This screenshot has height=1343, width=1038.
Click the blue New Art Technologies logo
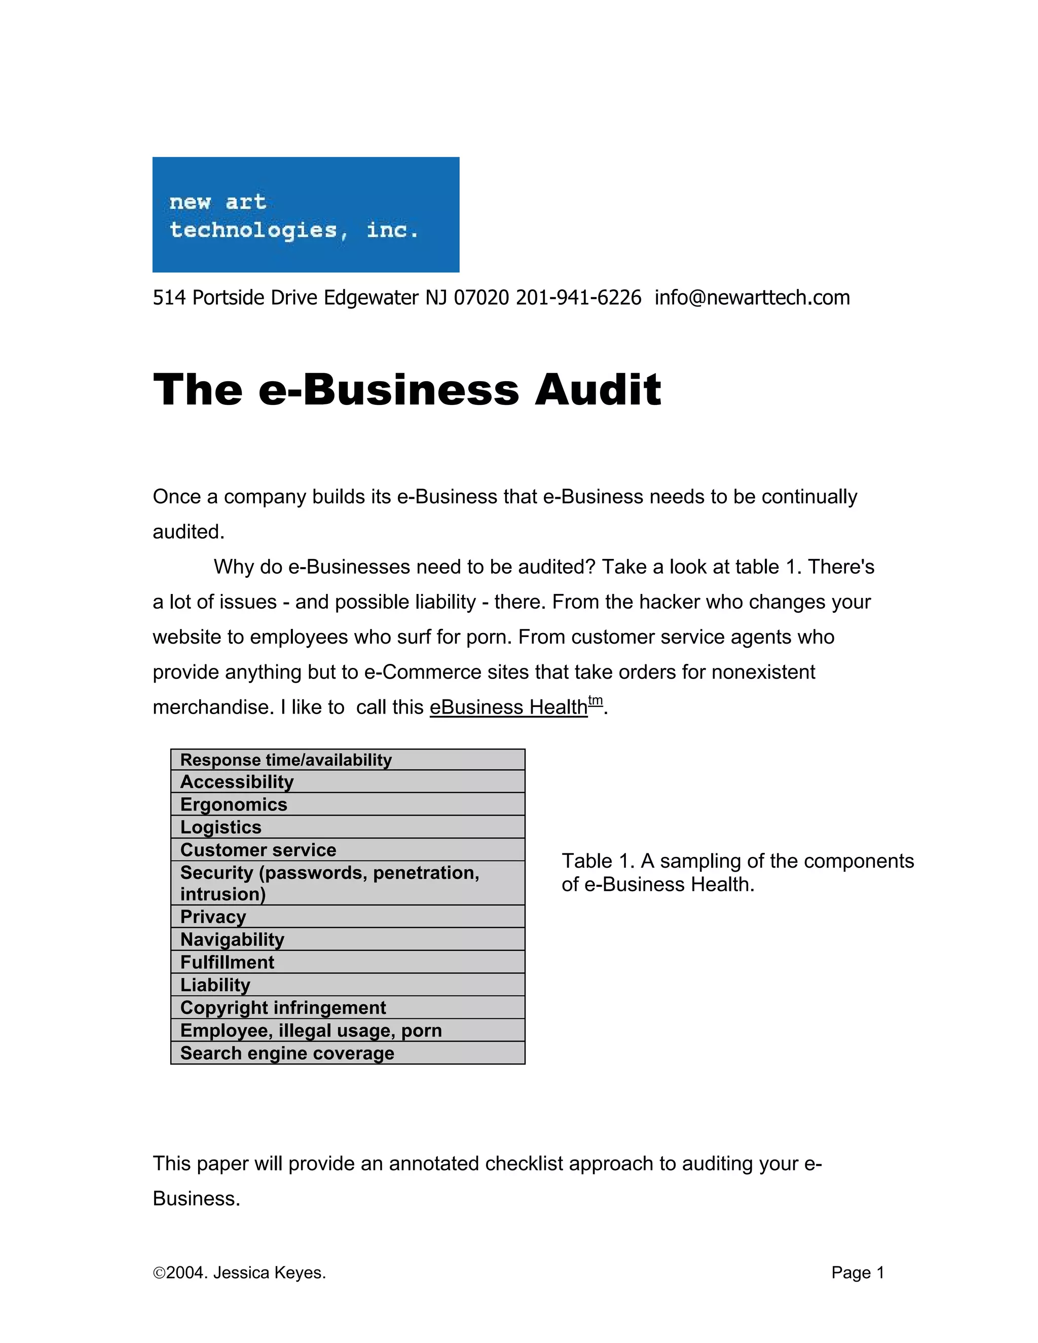click(x=306, y=214)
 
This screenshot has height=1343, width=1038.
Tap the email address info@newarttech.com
click(x=752, y=297)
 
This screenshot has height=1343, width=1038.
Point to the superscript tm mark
click(x=595, y=700)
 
